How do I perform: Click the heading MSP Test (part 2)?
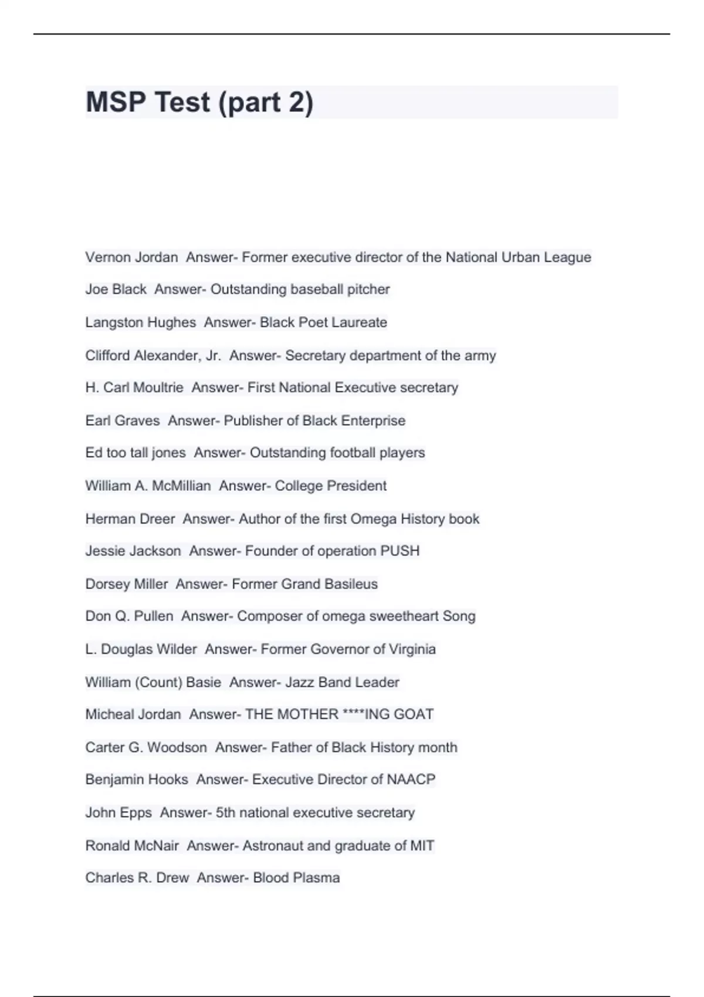tap(199, 102)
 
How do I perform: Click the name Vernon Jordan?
tap(131, 257)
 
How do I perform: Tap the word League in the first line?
tap(567, 257)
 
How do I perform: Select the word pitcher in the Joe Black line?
tap(368, 289)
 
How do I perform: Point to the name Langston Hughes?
tap(141, 322)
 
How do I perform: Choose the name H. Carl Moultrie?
tap(134, 388)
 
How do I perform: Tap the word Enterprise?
tap(373, 420)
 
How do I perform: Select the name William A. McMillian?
tap(148, 486)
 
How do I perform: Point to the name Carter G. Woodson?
tap(146, 747)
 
